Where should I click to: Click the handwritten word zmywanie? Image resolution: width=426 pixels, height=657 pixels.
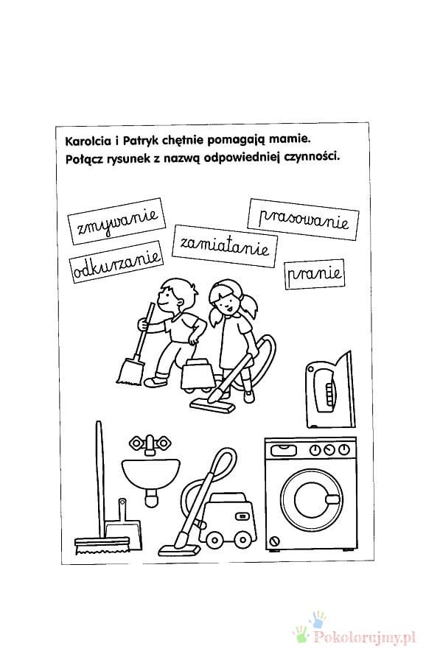pyautogui.click(x=116, y=221)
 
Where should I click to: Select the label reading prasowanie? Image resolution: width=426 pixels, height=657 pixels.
pyautogui.click(x=303, y=219)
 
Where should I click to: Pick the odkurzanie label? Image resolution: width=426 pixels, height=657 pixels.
pyautogui.click(x=116, y=262)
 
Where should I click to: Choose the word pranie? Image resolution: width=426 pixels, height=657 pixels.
pyautogui.click(x=315, y=274)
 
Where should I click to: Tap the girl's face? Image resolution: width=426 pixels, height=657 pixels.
pyautogui.click(x=226, y=303)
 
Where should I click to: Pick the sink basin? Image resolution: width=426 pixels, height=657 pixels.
pyautogui.click(x=151, y=474)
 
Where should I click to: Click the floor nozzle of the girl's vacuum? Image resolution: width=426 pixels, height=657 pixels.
pyautogui.click(x=212, y=404)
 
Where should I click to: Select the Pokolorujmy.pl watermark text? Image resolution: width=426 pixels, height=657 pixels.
pyautogui.click(x=365, y=637)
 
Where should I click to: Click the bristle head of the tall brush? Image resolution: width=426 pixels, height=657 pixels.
pyautogui.click(x=102, y=546)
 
